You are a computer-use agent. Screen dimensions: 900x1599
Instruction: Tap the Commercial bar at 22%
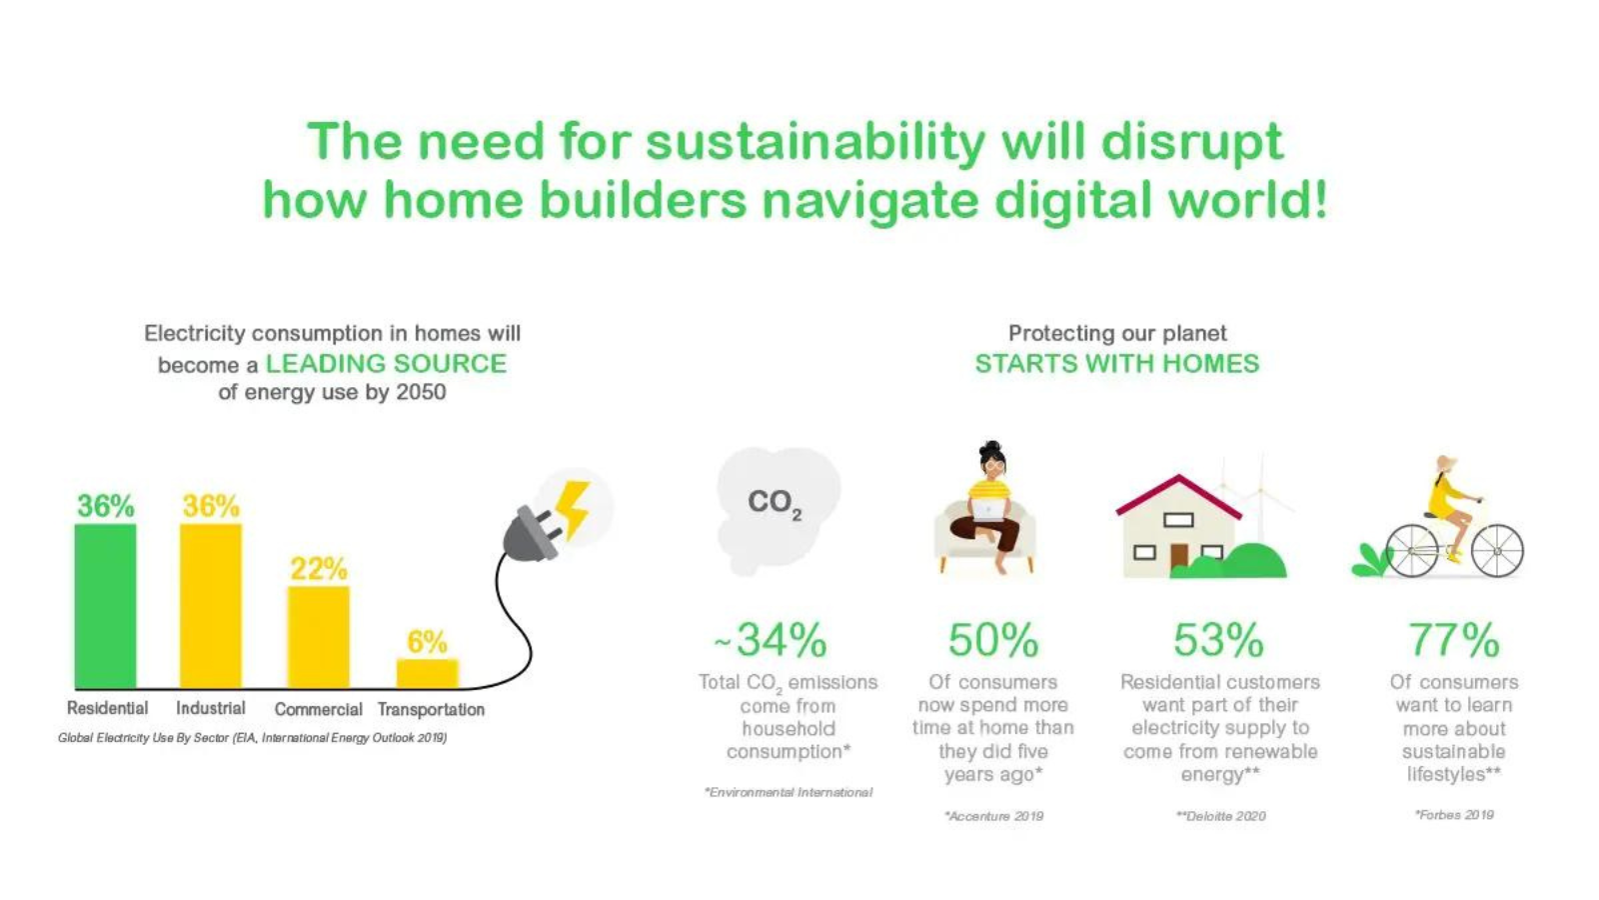pyautogui.click(x=318, y=637)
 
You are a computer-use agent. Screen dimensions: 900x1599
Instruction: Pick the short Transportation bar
pyautogui.click(x=427, y=673)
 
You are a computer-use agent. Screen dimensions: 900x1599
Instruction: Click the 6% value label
pyautogui.click(x=427, y=641)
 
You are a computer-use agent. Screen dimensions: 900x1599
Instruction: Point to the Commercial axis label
pyautogui.click(x=318, y=709)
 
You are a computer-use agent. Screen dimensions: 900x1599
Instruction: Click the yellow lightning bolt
pyautogui.click(x=573, y=508)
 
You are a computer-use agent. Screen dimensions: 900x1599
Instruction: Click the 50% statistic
pyautogui.click(x=992, y=640)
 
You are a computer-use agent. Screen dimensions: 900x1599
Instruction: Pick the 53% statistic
pyautogui.click(x=1218, y=640)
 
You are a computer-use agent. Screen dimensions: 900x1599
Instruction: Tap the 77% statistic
pyautogui.click(x=1453, y=640)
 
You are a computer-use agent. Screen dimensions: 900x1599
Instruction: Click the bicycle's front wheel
pyautogui.click(x=1496, y=551)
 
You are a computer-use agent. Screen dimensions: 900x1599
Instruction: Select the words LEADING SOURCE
pyautogui.click(x=386, y=363)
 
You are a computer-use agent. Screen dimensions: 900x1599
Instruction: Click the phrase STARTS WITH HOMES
pyautogui.click(x=1116, y=363)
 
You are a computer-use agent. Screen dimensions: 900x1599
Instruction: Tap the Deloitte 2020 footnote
pyautogui.click(x=1220, y=816)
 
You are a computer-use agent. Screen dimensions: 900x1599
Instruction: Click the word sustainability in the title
pyautogui.click(x=814, y=141)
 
